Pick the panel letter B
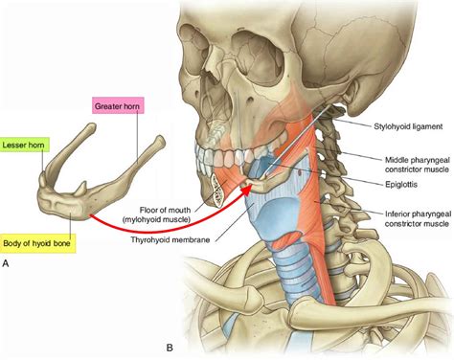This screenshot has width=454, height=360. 170,348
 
